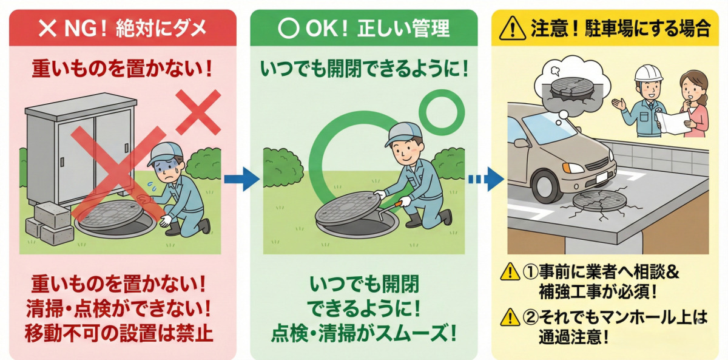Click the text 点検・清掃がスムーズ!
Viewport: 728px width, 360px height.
click(364, 333)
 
